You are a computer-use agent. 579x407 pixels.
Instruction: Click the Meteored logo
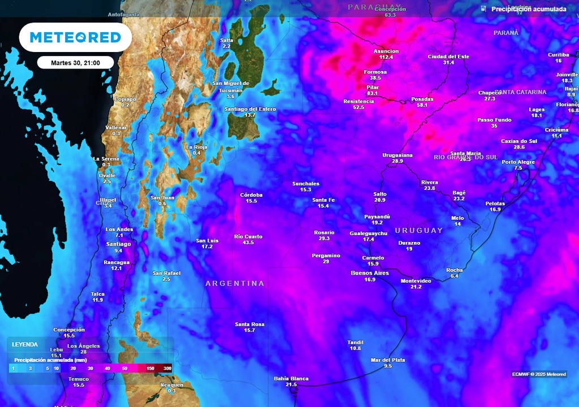pos(75,37)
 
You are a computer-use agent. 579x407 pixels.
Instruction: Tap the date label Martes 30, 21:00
pos(75,62)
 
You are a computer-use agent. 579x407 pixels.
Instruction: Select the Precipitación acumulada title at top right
pos(529,9)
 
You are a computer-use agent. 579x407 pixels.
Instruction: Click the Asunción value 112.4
pos(386,57)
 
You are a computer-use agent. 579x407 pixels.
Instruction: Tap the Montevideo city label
pos(416,281)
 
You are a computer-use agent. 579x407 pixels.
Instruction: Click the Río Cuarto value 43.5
pos(248,243)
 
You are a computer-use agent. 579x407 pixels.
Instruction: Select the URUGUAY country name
pos(419,231)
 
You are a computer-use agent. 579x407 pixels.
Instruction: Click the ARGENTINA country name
pos(235,283)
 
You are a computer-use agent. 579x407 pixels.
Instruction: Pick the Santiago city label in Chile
pos(118,244)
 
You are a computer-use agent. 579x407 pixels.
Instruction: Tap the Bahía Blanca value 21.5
pos(291,384)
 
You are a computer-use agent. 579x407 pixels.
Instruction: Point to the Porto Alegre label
pos(518,162)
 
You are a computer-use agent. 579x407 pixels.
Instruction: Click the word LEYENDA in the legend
pos(25,344)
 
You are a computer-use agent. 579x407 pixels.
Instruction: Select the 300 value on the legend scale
pos(167,369)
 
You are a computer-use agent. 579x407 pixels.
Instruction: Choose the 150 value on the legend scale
pos(150,369)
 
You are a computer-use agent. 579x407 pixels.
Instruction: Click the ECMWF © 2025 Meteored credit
pos(539,374)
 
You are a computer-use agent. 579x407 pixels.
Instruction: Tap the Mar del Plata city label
pos(388,360)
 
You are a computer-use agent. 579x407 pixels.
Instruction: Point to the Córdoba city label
pos(251,195)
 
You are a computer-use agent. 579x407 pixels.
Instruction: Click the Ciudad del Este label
pos(448,57)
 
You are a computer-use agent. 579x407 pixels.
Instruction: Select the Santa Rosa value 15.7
pos(249,330)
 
